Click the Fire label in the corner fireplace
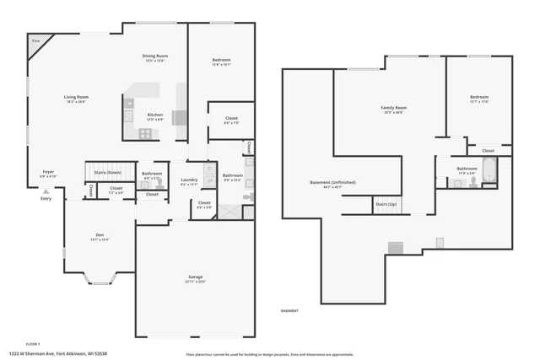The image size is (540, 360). [35, 40]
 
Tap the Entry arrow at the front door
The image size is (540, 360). [46, 192]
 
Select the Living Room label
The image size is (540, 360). [76, 98]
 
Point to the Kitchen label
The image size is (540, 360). [155, 116]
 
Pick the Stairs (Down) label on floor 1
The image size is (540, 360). [108, 173]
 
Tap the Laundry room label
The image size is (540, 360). [189, 180]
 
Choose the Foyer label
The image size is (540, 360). [49, 172]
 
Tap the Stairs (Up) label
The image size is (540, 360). [386, 204]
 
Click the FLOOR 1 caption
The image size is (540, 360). [33, 344]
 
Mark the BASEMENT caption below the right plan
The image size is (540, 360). [290, 311]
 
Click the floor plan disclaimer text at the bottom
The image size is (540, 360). [269, 354]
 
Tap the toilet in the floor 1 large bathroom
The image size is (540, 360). [247, 196]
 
